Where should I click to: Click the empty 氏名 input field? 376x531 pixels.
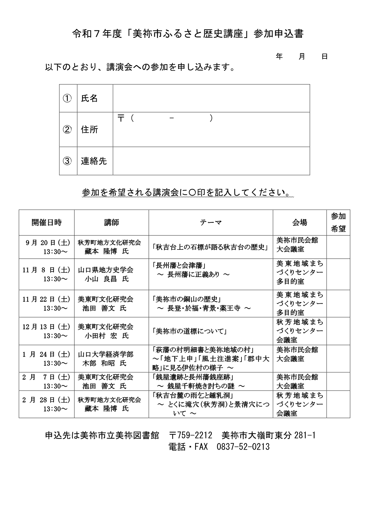tap(211, 98)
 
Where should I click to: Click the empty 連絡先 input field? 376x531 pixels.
tap(211, 161)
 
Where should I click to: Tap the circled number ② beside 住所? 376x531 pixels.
tap(67, 130)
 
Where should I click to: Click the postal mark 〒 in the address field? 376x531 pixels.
tap(121, 118)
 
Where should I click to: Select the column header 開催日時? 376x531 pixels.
tap(46, 223)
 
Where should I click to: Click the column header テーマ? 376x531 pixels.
tap(211, 223)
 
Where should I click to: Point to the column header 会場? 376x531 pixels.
tap(299, 223)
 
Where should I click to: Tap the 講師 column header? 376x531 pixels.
tap(111, 223)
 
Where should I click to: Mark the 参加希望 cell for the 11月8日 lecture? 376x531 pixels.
tap(338, 274)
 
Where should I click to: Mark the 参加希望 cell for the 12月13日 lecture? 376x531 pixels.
tap(338, 331)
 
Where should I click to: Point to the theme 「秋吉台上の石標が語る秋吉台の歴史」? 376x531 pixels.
tap(211, 247)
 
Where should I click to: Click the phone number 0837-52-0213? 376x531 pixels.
tap(243, 447)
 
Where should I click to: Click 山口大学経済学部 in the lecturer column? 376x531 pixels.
tap(105, 354)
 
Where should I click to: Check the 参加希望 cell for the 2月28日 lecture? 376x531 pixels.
tap(338, 404)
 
